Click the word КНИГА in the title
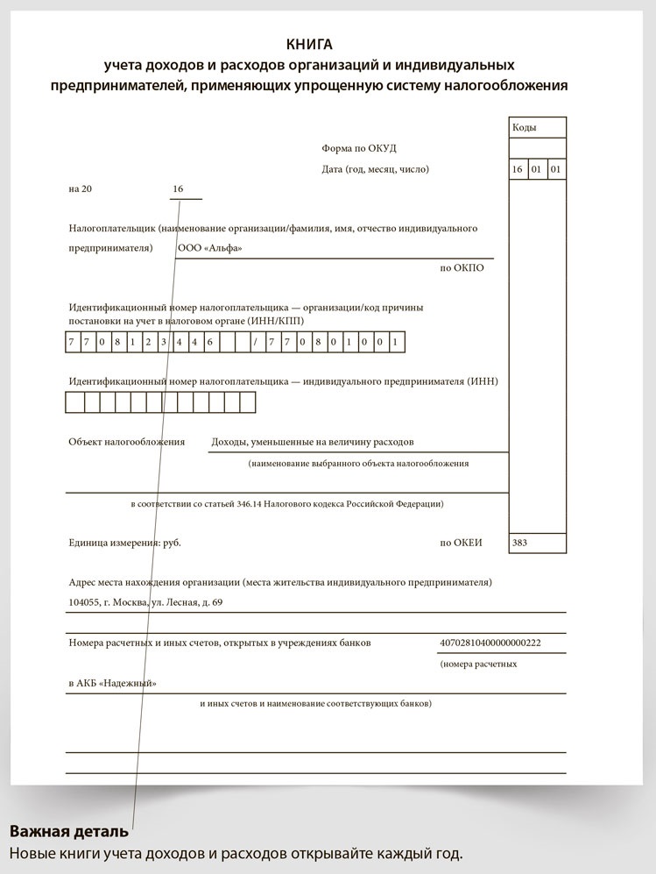310,44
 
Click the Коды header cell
526,128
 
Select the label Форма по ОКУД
359,148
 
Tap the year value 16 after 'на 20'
179,189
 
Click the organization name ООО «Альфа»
210,248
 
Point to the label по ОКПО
462,268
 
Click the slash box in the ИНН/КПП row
255,342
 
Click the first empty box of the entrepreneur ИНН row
74,402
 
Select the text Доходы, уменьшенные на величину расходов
313,442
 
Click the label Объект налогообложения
127,442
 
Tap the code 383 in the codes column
519,543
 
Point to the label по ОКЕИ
461,543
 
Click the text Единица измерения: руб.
124,543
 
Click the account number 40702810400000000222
490,643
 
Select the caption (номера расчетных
478,664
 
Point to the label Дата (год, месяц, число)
375,169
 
